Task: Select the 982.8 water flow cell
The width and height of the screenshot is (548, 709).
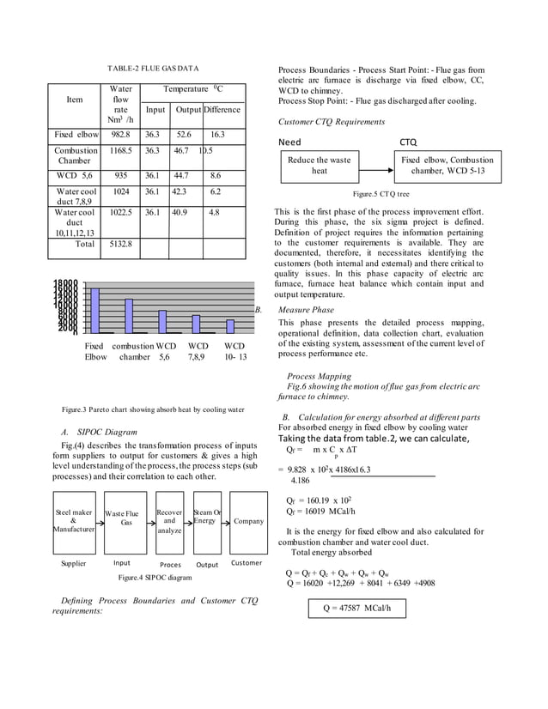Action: [119, 135]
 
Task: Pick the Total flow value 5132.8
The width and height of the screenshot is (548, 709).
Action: [119, 245]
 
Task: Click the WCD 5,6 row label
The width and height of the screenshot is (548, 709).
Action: [74, 174]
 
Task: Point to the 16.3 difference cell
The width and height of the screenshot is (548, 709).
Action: [216, 135]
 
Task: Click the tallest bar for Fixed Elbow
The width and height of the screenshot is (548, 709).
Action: [95, 310]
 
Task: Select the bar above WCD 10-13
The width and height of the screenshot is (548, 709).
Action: [229, 326]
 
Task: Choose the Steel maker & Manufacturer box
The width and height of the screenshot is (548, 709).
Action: [73, 521]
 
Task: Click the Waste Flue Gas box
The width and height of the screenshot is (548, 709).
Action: [126, 521]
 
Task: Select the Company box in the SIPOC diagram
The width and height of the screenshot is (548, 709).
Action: [248, 521]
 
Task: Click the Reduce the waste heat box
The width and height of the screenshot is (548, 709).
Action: [319, 166]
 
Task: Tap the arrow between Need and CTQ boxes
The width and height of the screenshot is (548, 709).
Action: [374, 166]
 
